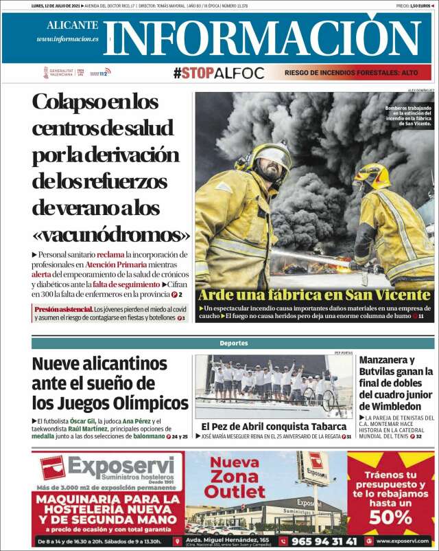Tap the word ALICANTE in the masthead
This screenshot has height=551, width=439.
[x=72, y=25]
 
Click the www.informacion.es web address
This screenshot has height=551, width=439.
[x=67, y=39]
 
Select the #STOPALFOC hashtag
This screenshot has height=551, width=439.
[x=218, y=73]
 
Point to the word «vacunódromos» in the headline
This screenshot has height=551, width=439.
[x=110, y=234]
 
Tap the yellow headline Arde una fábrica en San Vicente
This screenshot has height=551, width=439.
[x=314, y=295]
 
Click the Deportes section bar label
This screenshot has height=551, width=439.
[x=234, y=343]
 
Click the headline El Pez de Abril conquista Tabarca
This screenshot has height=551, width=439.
[x=274, y=426]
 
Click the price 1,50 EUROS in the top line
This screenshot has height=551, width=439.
[x=418, y=5]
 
